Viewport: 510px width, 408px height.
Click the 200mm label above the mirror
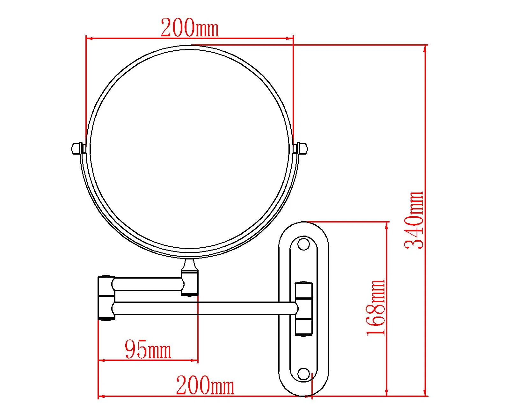[x=190, y=28]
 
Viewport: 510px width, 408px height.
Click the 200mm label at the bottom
[x=205, y=385]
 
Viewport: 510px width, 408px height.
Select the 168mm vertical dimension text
[x=376, y=308]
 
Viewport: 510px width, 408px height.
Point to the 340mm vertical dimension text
[x=414, y=220]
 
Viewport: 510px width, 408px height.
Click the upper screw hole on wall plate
[x=303, y=244]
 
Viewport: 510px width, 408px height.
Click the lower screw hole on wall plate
[x=303, y=374]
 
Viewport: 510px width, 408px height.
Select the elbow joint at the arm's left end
[x=106, y=298]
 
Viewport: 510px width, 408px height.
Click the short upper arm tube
[x=148, y=284]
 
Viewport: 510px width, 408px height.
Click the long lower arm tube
[x=204, y=309]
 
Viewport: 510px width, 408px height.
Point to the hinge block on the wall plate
[x=303, y=309]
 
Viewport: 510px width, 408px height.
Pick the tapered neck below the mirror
[x=190, y=265]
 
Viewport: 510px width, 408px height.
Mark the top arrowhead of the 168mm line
[x=387, y=225]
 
